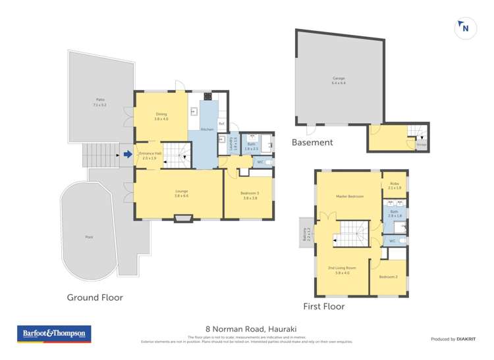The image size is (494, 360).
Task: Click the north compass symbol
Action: click(x=465, y=28)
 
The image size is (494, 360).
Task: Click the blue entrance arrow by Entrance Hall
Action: click(x=128, y=155)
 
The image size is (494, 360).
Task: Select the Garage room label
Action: click(x=339, y=80)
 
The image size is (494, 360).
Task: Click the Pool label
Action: click(x=89, y=236)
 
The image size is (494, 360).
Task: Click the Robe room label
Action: click(x=395, y=186)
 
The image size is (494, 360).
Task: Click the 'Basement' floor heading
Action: click(x=312, y=142)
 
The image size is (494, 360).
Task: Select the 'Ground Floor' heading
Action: click(x=95, y=297)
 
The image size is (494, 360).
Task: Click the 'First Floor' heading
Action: click(x=323, y=306)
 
